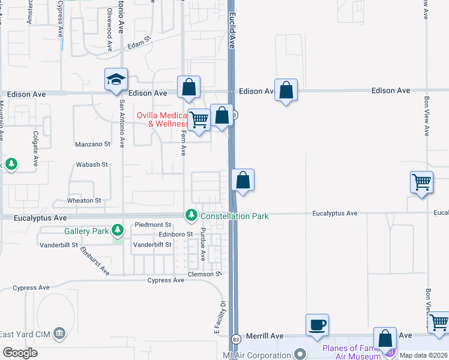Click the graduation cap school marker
tap(116, 80)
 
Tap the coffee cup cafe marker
tap(318, 325)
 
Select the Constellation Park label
tap(234, 215)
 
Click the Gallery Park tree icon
tap(118, 230)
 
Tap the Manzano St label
tap(93, 144)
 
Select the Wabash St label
tap(91, 164)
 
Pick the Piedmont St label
tap(148, 224)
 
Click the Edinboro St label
tap(175, 234)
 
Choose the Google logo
tap(20, 353)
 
